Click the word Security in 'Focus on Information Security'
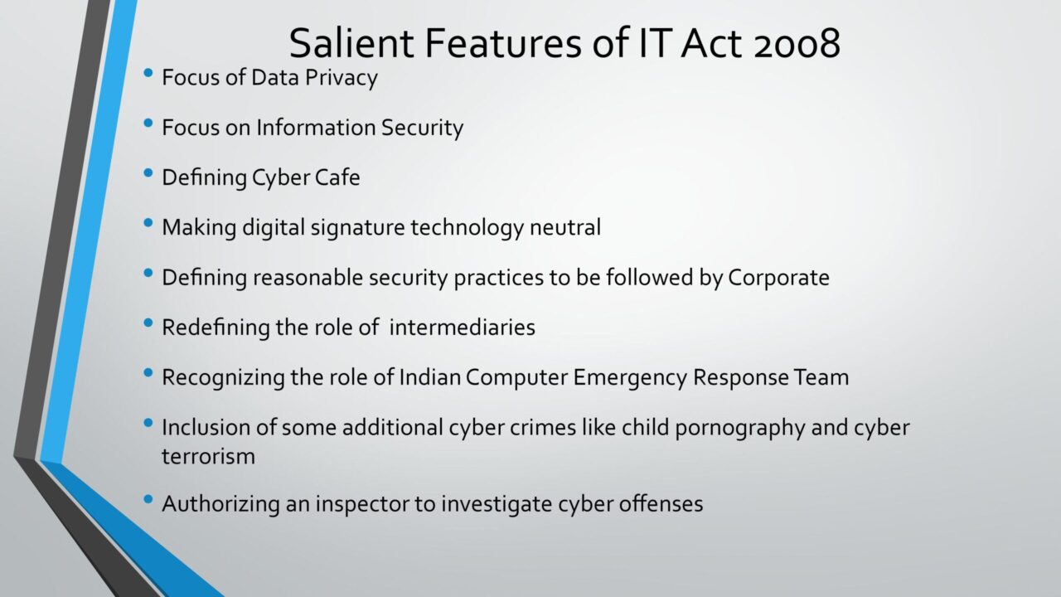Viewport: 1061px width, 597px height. point(422,128)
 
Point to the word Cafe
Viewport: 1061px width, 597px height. point(337,177)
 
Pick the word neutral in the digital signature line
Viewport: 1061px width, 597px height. point(565,227)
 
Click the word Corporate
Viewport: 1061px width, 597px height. point(778,278)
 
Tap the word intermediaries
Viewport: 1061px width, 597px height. point(463,328)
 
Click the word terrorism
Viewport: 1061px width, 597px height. point(208,457)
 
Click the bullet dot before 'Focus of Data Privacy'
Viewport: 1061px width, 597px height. point(148,73)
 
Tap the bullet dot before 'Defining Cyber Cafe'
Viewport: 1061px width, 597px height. point(148,173)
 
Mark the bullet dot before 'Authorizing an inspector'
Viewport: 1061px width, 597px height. point(148,499)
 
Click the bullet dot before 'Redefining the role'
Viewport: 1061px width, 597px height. point(148,323)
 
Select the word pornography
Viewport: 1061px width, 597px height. point(740,429)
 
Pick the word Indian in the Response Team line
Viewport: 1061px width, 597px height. point(429,377)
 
